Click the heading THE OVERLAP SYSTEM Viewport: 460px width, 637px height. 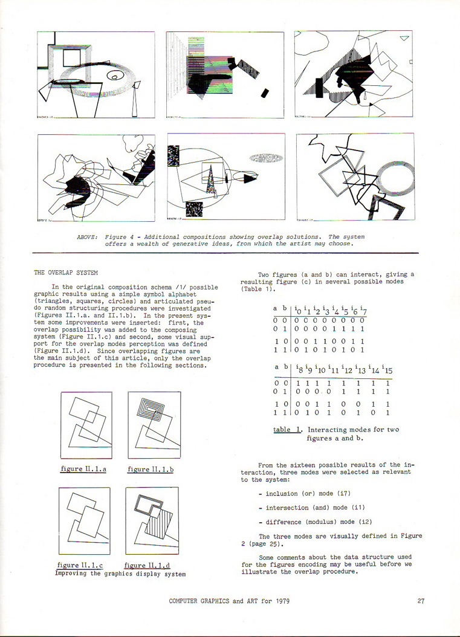tap(66, 273)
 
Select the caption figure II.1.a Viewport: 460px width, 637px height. tap(84, 469)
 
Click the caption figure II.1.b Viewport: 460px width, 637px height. tap(151, 469)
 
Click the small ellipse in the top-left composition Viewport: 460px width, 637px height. tap(115, 76)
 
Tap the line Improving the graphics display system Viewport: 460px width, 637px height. tap(120, 574)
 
